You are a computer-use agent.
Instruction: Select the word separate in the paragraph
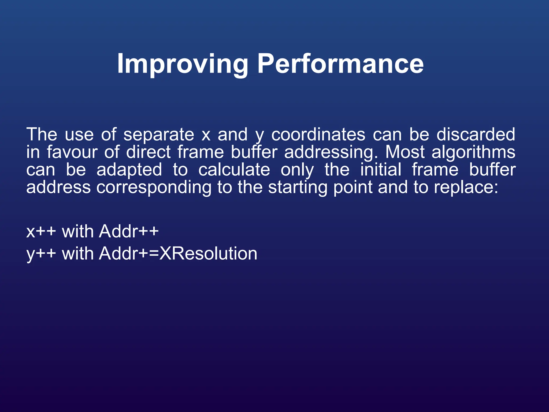point(159,135)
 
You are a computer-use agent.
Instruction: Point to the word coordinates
point(318,135)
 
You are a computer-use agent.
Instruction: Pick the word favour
point(72,152)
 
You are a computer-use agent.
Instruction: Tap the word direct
point(148,152)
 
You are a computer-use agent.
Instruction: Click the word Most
point(405,152)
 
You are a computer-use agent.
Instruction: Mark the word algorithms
point(473,153)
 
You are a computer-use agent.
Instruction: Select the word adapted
point(129,170)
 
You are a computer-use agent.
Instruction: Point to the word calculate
point(234,170)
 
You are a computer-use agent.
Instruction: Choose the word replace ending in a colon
point(466,187)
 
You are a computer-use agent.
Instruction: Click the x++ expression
point(41,231)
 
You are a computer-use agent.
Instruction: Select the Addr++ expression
point(129,231)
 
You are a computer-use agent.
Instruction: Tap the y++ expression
point(41,254)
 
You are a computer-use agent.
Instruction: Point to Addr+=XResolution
point(178,253)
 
